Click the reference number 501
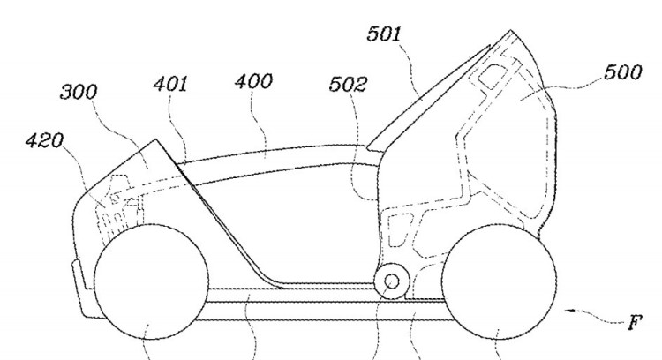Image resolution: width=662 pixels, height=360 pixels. coord(383,34)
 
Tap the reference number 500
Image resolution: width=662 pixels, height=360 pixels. coord(623,72)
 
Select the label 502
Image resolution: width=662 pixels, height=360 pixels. coord(348,85)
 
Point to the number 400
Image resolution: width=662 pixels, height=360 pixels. coord(253,81)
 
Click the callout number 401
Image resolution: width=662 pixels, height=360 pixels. coord(170,84)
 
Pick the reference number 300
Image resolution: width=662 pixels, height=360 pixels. coord(79,92)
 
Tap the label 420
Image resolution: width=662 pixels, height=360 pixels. coord(44,140)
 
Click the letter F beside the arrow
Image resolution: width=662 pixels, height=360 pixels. coord(634,323)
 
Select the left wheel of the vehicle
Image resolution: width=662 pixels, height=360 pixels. coord(151,281)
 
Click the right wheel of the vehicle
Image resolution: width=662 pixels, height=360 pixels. coord(499,281)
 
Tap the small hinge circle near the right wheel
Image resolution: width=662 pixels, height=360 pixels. coord(392,281)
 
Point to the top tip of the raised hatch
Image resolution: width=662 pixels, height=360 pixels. coord(511,30)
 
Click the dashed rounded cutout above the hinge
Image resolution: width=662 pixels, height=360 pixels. coord(399,229)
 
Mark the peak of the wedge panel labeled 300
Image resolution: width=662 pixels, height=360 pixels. coord(155,139)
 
